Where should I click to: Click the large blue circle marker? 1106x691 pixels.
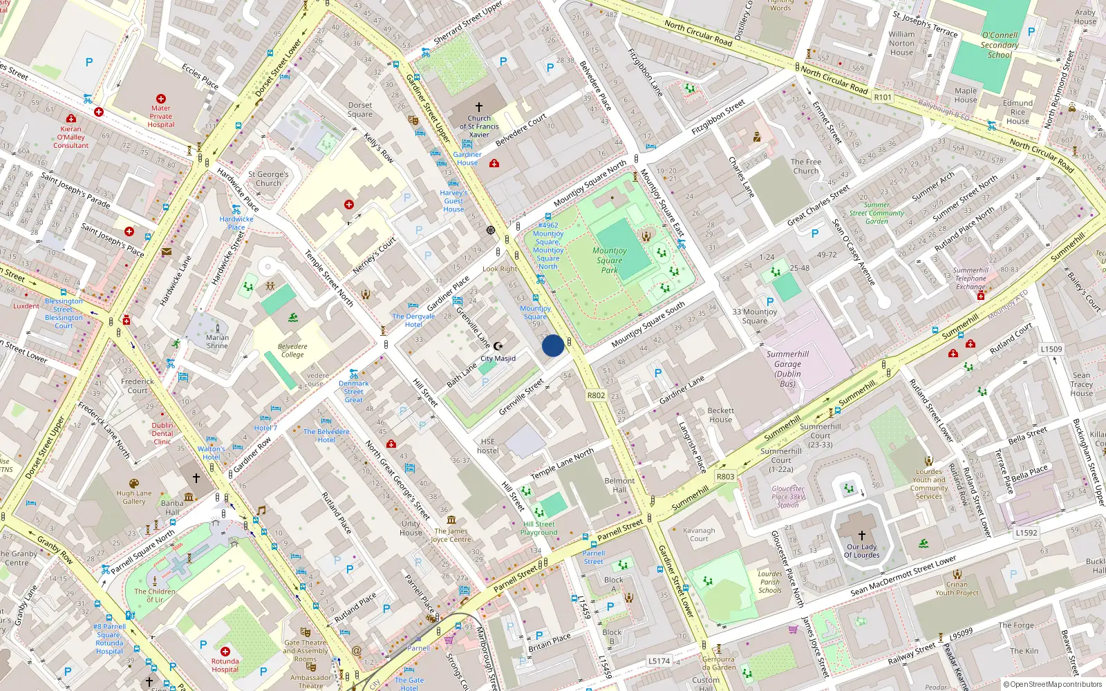pyautogui.click(x=552, y=345)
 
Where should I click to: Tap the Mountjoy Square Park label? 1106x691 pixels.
pyautogui.click(x=610, y=261)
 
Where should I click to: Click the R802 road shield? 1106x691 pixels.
pyautogui.click(x=596, y=396)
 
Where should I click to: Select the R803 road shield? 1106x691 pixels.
pyautogui.click(x=725, y=476)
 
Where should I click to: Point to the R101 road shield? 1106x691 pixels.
pyautogui.click(x=883, y=97)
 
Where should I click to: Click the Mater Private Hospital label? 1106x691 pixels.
pyautogui.click(x=160, y=116)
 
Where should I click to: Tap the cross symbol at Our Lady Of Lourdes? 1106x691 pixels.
pyautogui.click(x=862, y=536)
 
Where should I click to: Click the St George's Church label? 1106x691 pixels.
pyautogui.click(x=268, y=179)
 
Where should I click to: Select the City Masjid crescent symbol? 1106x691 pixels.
pyautogui.click(x=497, y=345)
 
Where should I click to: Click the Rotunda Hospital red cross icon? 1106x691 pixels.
pyautogui.click(x=225, y=651)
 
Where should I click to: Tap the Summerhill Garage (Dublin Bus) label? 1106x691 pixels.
pyautogui.click(x=787, y=368)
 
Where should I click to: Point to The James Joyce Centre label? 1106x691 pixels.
pyautogui.click(x=451, y=535)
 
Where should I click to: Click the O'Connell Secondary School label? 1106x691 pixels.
pyautogui.click(x=1000, y=45)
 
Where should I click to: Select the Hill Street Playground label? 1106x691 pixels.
pyautogui.click(x=539, y=528)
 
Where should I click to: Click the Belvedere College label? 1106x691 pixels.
pyautogui.click(x=292, y=350)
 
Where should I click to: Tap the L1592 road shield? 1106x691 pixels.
pyautogui.click(x=1027, y=533)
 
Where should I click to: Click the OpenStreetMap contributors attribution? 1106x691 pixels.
pyautogui.click(x=1053, y=684)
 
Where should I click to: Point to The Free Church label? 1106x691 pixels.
pyautogui.click(x=806, y=167)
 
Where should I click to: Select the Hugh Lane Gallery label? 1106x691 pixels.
pyautogui.click(x=134, y=497)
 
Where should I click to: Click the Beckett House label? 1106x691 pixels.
pyautogui.click(x=720, y=415)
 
